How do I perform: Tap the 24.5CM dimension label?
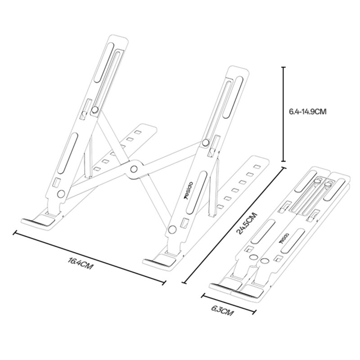click(x=247, y=223)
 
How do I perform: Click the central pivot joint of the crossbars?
click(x=133, y=169)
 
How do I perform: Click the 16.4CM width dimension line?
click(x=90, y=257)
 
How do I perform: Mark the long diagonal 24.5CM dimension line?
click(x=234, y=225)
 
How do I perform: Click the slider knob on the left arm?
click(x=95, y=109)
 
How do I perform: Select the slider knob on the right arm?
click(x=206, y=143)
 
